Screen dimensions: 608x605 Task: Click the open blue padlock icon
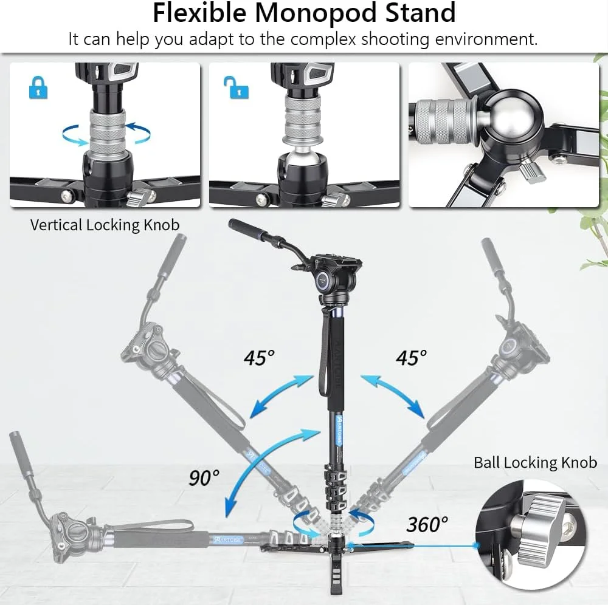click(237, 87)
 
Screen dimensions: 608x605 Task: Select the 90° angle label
click(204, 477)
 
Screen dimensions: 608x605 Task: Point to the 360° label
click(427, 524)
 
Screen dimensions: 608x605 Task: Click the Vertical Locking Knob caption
click(105, 225)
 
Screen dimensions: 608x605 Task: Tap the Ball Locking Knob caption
click(535, 462)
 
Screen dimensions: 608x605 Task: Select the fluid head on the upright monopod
click(333, 279)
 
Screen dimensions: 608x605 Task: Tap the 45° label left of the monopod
click(259, 358)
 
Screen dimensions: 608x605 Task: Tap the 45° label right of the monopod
click(412, 358)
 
